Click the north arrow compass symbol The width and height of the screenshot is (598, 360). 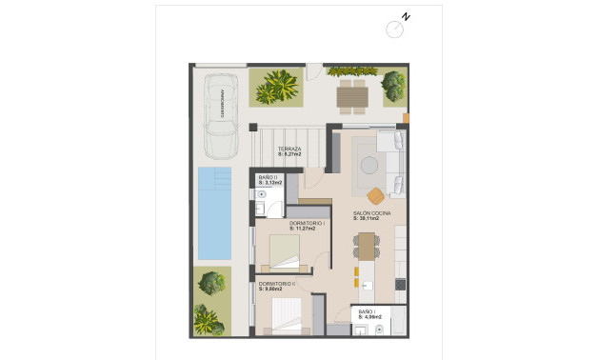click(395, 28)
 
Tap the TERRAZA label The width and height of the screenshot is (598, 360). click(289, 150)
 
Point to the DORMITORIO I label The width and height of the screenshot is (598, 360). click(308, 224)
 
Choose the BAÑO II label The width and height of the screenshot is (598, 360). click(267, 178)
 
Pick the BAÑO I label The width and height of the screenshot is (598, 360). click(367, 311)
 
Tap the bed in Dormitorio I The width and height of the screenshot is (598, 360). click(285, 250)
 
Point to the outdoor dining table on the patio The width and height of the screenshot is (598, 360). click(352, 93)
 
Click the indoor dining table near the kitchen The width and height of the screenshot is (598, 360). click(367, 247)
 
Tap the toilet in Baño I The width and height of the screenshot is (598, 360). click(379, 329)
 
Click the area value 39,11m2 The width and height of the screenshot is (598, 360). click(367, 219)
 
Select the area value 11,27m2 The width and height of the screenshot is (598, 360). click(308, 230)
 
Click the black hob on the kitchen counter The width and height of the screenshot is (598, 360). click(399, 283)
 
